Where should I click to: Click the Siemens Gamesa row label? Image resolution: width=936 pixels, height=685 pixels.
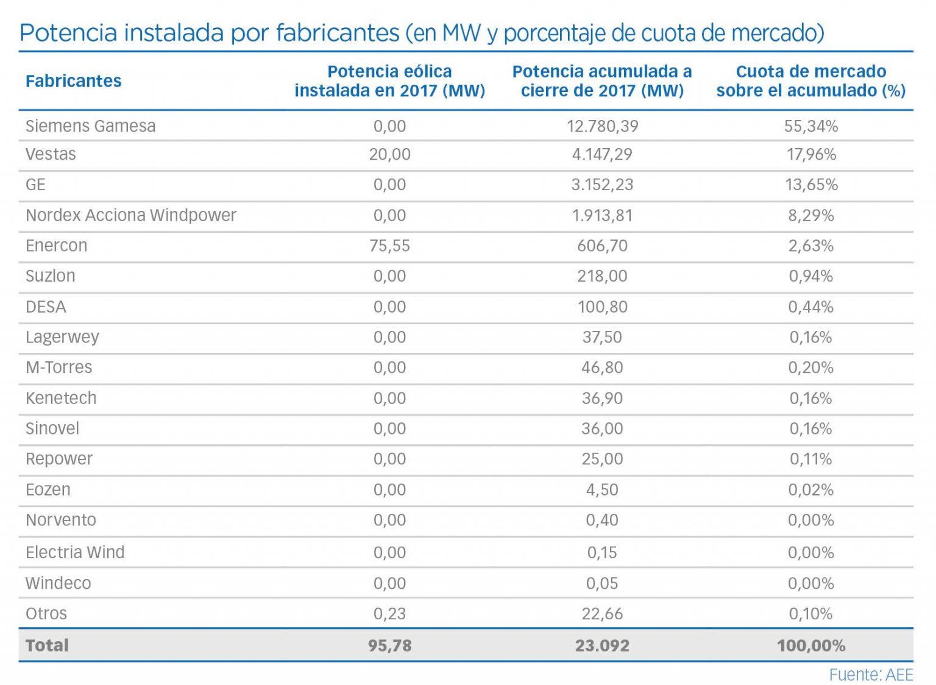(90, 126)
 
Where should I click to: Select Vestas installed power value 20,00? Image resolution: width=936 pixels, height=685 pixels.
(389, 154)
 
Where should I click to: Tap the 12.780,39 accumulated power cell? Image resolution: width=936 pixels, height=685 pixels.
(602, 126)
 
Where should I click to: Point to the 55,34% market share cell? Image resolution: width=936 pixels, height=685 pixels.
(810, 126)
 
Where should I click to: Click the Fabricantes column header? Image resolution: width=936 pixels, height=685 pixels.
(73, 81)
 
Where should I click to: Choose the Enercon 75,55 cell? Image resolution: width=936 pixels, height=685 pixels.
(389, 246)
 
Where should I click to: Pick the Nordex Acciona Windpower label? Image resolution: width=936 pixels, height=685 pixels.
(130, 215)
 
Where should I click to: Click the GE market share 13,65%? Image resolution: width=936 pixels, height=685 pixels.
(810, 185)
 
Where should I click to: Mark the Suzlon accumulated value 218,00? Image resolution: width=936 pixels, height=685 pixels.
(602, 276)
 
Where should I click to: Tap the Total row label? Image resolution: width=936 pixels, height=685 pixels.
(47, 645)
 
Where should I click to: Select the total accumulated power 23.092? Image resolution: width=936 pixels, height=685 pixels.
(602, 645)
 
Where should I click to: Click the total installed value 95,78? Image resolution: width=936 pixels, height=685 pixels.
(389, 645)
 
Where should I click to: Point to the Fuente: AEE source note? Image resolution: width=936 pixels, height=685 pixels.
(871, 675)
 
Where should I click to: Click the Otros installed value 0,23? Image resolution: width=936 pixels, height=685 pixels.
(389, 614)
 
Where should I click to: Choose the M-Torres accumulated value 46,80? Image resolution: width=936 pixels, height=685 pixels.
(602, 367)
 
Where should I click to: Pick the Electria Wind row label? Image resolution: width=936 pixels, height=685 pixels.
(75, 552)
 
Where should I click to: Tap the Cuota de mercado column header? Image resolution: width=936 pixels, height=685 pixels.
(810, 81)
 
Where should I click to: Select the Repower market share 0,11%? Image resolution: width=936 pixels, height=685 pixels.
(810, 459)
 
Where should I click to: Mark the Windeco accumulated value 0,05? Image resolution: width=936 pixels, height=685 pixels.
(602, 583)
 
